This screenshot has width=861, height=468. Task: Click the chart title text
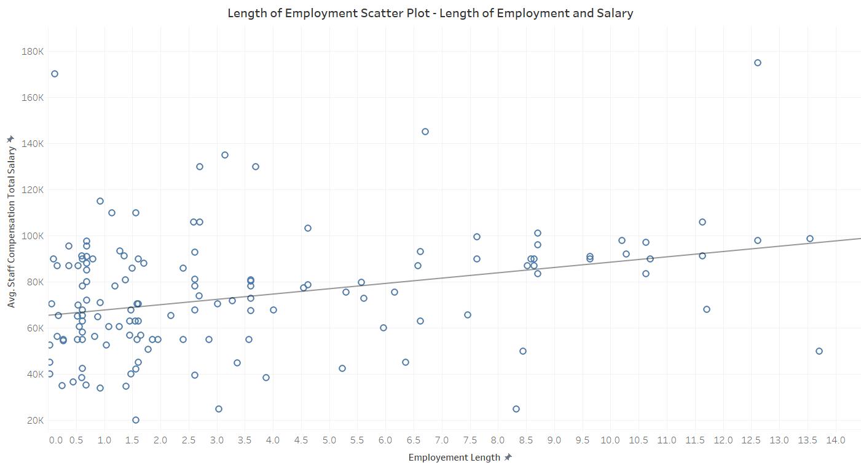tap(430, 13)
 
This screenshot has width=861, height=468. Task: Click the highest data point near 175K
tap(757, 63)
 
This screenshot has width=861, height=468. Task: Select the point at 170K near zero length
tap(55, 74)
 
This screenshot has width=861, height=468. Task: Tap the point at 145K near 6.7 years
tap(425, 132)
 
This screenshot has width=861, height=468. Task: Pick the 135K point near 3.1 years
tap(225, 155)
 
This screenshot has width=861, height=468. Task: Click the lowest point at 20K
tap(136, 420)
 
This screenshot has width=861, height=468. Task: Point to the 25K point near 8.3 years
tap(516, 409)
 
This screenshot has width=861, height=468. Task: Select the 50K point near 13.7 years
tap(819, 351)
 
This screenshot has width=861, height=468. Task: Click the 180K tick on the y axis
tap(32, 51)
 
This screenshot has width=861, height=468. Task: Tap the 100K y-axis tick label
tap(32, 236)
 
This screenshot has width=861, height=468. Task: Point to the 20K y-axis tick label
tap(34, 420)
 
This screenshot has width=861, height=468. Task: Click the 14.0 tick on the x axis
tap(836, 440)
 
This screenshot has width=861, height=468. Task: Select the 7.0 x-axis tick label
tap(442, 440)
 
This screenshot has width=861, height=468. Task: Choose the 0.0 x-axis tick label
tap(55, 440)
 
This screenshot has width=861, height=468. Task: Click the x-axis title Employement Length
tap(454, 458)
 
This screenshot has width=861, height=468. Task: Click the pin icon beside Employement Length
tap(508, 458)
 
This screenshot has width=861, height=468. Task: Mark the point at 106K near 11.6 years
tap(702, 222)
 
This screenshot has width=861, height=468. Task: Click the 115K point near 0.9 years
tap(100, 201)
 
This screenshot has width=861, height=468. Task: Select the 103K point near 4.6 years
tap(308, 228)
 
